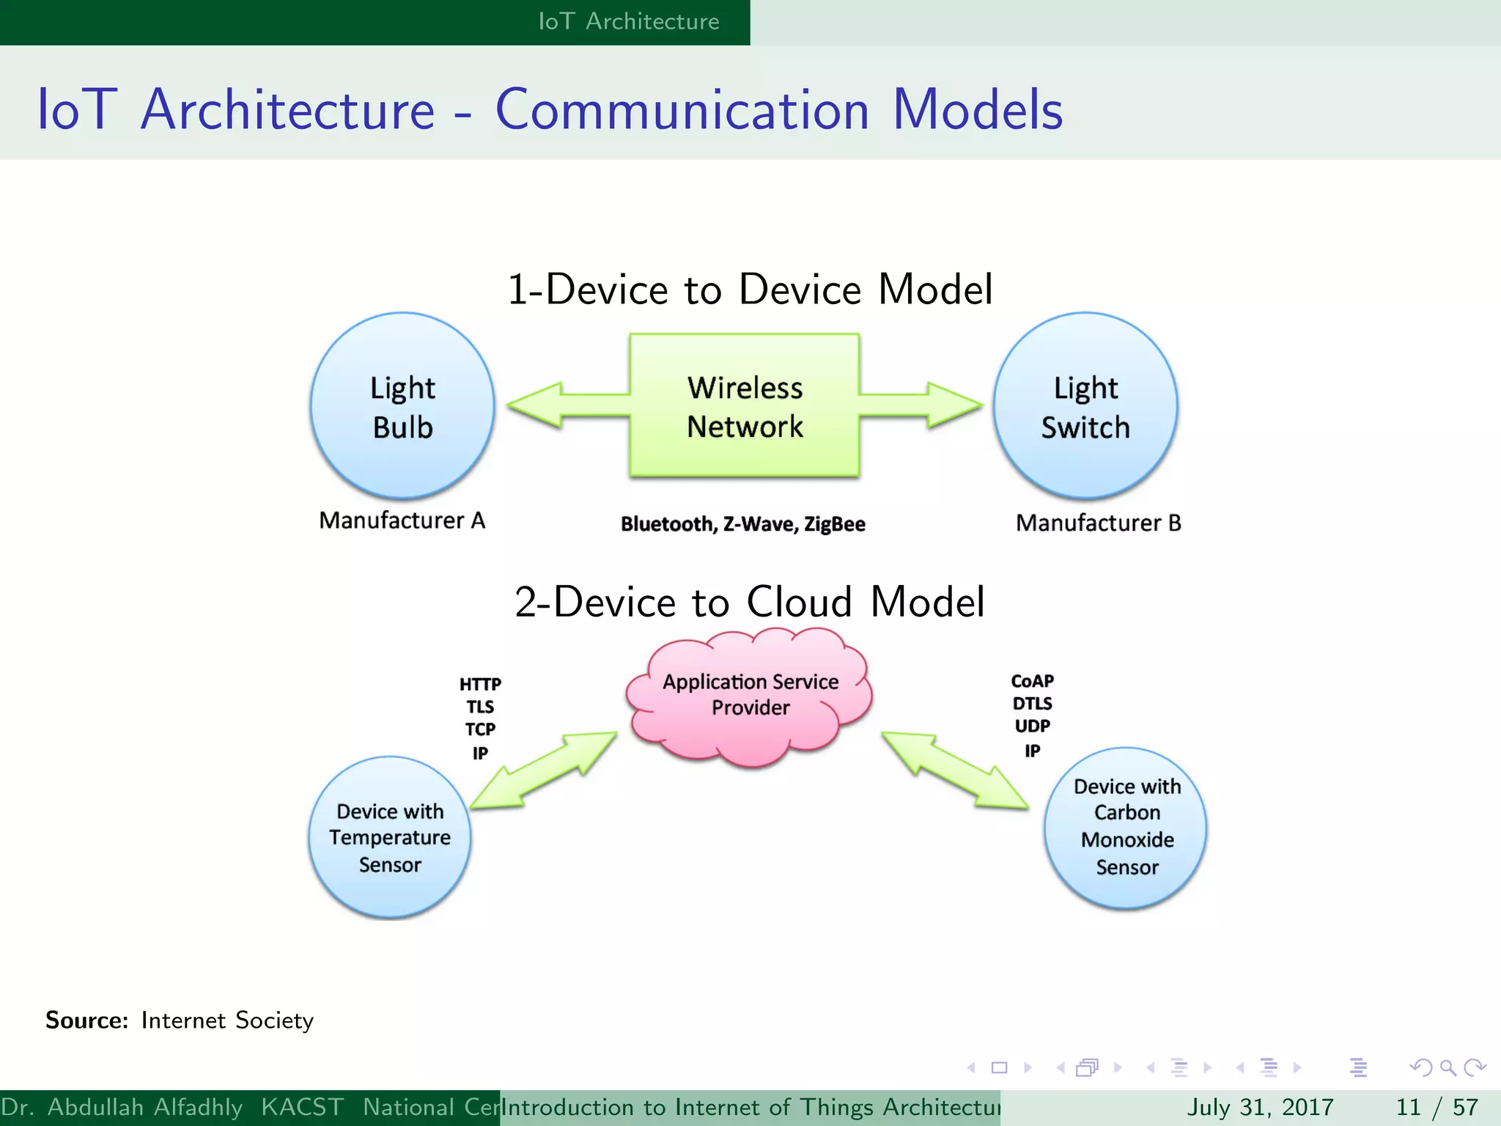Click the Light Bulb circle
402,407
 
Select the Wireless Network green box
744,407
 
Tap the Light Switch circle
1085,407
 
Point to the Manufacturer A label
402,520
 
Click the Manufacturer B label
1098,523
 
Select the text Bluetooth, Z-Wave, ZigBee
743,524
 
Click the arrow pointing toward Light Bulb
564,405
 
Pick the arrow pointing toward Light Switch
923,405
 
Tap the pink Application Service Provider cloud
750,696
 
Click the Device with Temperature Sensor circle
390,838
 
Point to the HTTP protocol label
480,684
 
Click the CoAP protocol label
1032,681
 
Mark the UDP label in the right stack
1032,726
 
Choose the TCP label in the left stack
480,729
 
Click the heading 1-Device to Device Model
750,289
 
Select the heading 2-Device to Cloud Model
750,602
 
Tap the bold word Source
86,1020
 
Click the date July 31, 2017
1259,1107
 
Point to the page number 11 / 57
1437,1107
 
